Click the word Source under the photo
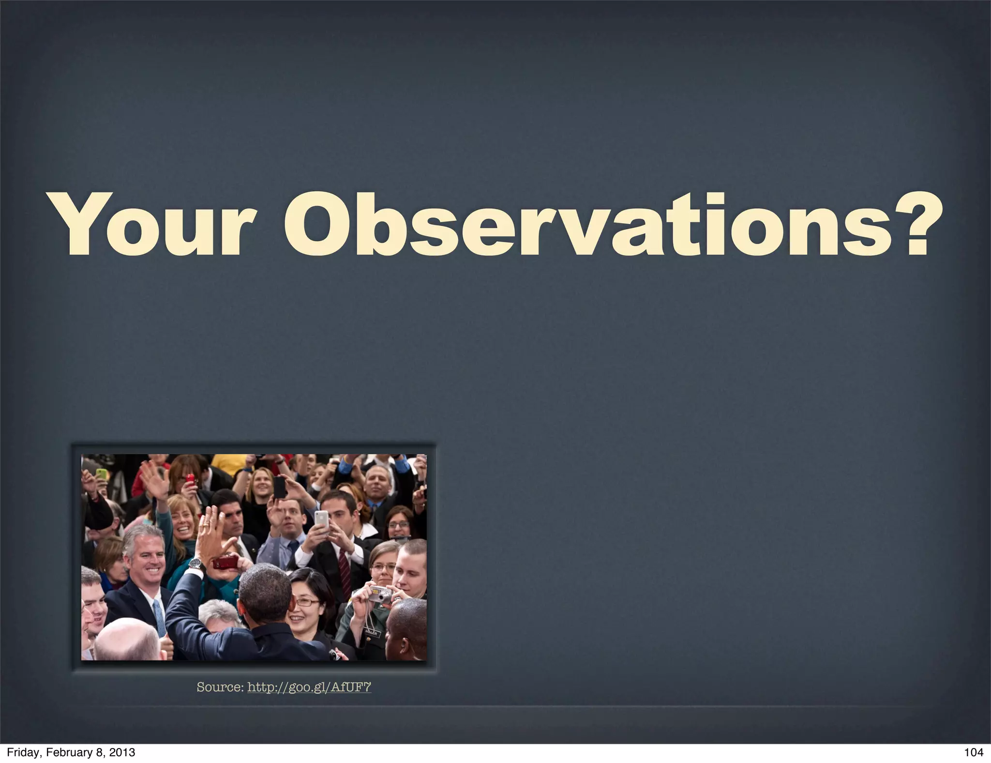(x=219, y=687)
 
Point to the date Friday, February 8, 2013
(x=71, y=752)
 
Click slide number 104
(x=973, y=752)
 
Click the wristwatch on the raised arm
(x=195, y=563)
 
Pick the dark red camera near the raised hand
(x=225, y=562)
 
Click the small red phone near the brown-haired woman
(x=190, y=480)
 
